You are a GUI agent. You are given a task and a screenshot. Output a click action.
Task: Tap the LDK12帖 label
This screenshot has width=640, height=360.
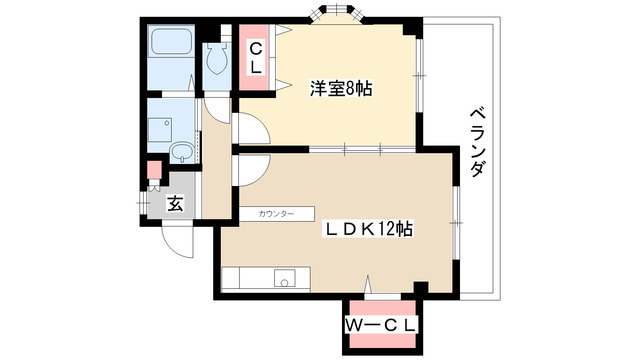pos(367,227)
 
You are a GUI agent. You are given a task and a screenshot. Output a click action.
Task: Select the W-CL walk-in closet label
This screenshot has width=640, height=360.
pos(382,325)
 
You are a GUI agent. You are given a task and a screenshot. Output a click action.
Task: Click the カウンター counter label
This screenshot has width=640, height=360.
pos(275,214)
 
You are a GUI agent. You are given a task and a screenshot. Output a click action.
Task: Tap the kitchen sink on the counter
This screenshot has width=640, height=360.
pos(283,281)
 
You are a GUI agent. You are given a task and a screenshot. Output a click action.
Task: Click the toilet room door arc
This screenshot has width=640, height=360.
pos(216,103)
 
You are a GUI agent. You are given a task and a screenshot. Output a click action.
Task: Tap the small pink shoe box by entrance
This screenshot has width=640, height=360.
pos(153,170)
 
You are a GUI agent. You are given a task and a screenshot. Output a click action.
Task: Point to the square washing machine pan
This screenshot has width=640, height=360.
pos(160,127)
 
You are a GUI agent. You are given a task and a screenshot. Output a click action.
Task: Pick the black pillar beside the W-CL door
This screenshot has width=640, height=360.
pos(420,289)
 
